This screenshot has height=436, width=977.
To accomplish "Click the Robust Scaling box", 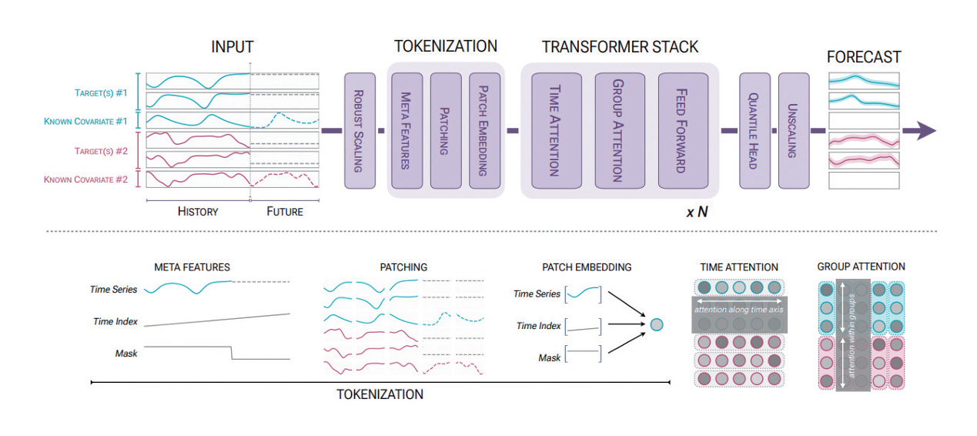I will pyautogui.click(x=360, y=131).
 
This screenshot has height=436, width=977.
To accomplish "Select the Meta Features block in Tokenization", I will pyautogui.click(x=407, y=131).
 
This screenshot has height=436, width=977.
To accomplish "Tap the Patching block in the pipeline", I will pyautogui.click(x=446, y=131).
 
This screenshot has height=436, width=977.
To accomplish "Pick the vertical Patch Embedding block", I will pyautogui.click(x=484, y=131).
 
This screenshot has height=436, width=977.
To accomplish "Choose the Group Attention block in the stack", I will pyautogui.click(x=619, y=131).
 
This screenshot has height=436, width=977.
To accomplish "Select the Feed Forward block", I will pyautogui.click(x=682, y=131).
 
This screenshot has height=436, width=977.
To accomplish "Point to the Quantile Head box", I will pyautogui.click(x=754, y=131).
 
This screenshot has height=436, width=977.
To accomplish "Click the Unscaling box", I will pyautogui.click(x=793, y=131).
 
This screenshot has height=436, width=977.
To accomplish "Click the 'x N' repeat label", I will pyautogui.click(x=697, y=211).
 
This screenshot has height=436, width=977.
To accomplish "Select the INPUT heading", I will pyautogui.click(x=232, y=48).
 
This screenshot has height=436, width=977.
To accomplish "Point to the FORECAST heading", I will pyautogui.click(x=864, y=57).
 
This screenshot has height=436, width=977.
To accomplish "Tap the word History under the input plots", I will pyautogui.click(x=198, y=211).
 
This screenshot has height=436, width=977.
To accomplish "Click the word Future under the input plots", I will pyautogui.click(x=284, y=211).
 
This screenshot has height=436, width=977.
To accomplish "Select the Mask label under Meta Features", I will pyautogui.click(x=126, y=354).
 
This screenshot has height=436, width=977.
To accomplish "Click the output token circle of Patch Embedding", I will pyautogui.click(x=656, y=325).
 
